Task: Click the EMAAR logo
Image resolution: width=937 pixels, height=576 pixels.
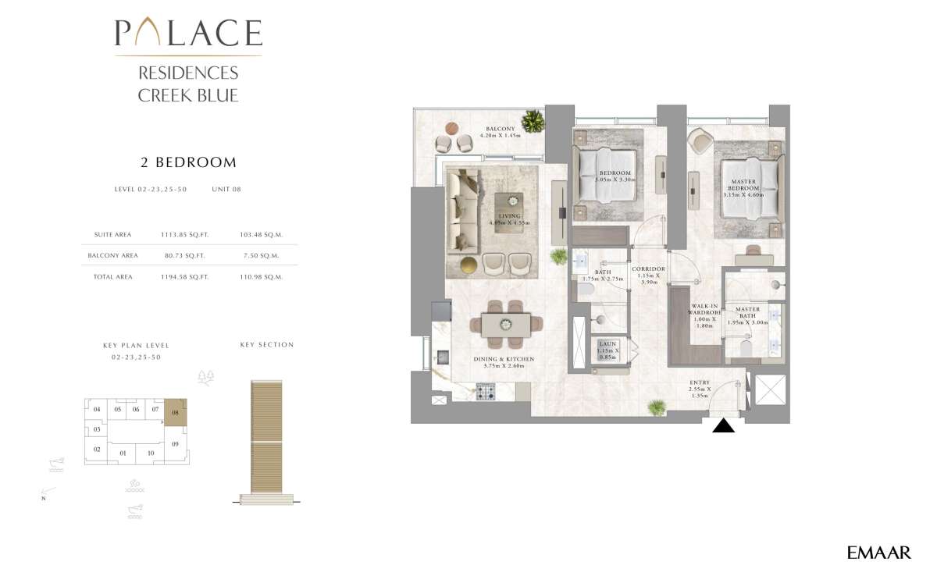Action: (x=878, y=553)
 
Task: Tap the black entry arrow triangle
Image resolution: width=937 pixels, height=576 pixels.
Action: (x=725, y=425)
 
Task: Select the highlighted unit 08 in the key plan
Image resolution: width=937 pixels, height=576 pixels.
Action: (x=175, y=412)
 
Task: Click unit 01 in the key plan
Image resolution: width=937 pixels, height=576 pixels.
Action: (x=123, y=453)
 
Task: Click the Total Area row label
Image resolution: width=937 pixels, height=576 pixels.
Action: (x=112, y=276)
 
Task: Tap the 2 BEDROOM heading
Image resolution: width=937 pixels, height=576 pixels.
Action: (x=187, y=163)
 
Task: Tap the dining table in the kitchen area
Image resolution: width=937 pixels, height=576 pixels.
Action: (x=505, y=323)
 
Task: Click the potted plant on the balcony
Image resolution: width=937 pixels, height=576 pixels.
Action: (x=533, y=121)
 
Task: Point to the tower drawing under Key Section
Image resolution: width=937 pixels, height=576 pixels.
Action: (x=267, y=440)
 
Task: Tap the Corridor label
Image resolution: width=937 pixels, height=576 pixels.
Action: (x=648, y=274)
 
